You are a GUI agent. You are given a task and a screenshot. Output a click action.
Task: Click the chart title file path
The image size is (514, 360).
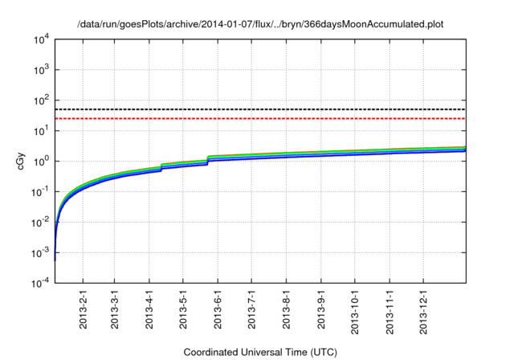point(259,25)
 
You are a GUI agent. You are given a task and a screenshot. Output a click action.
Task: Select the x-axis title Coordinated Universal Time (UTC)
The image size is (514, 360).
point(259,352)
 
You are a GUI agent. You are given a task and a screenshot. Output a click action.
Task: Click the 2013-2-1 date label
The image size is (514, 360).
point(84,309)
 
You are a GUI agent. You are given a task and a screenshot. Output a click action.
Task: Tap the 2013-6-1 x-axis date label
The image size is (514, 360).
point(218,309)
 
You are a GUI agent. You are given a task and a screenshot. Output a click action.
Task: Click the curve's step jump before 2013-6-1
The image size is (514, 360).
point(208,159)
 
